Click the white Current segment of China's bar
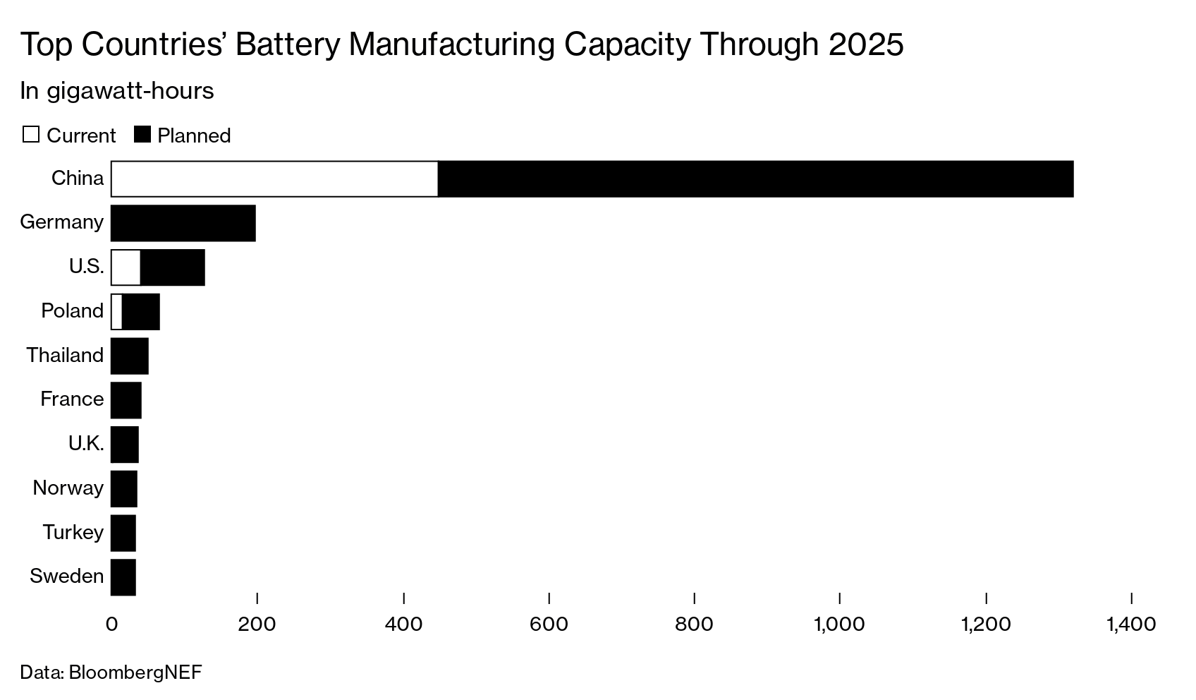274,179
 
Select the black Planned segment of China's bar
755,179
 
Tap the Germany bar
183,223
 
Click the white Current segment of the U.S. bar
126,267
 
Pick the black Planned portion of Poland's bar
140,311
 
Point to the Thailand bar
130,356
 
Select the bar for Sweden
123,577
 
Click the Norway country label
68,488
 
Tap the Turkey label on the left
73,532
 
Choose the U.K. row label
86,444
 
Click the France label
72,399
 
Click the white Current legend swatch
31,134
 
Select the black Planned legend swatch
142,134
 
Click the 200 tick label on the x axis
257,624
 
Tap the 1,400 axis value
1130,624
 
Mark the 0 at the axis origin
111,624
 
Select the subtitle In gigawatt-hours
116,91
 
